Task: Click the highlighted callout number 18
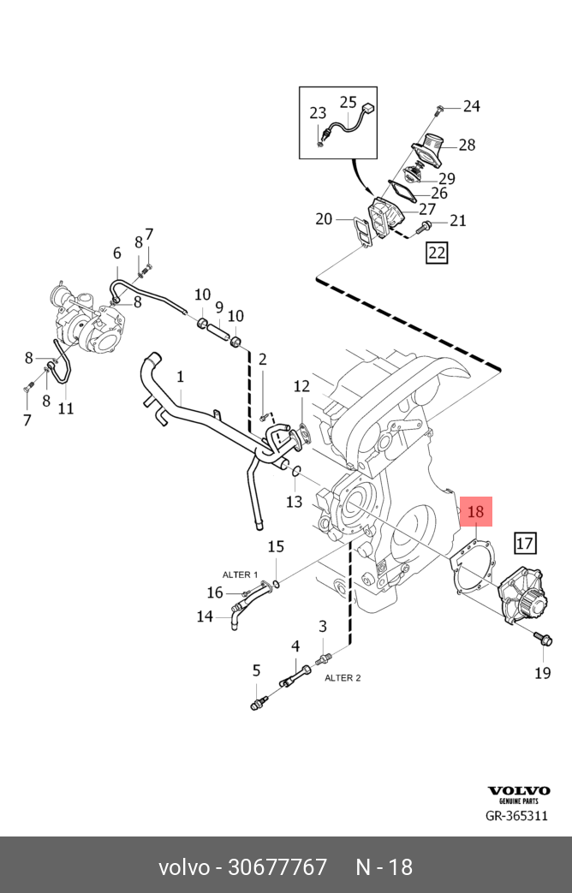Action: tap(476, 513)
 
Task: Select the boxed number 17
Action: tap(524, 542)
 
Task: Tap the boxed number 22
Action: tap(437, 253)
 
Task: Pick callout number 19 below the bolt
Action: tap(543, 672)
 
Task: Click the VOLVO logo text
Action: tap(518, 791)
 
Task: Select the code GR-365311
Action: tap(516, 816)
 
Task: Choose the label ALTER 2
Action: tap(343, 677)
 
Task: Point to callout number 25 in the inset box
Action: tap(348, 103)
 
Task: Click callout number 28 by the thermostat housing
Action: tap(466, 145)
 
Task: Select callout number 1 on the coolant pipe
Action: tap(181, 376)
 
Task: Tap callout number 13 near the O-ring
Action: tap(294, 501)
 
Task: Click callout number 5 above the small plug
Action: tap(255, 670)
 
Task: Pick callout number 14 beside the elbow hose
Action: tap(205, 616)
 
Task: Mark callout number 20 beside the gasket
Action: tap(323, 219)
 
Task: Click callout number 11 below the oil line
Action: tap(66, 408)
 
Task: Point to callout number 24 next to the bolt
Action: tap(472, 106)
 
